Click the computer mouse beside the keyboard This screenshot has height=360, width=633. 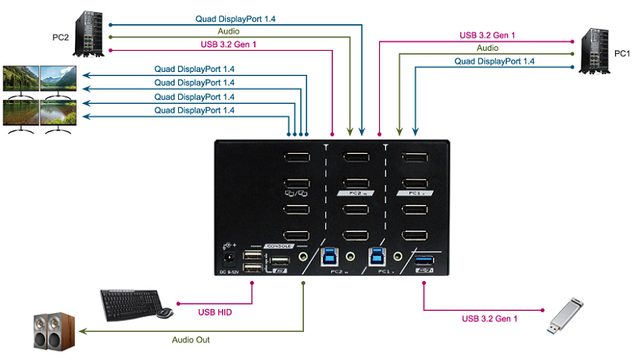click(165, 313)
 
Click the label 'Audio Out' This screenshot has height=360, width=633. click(191, 340)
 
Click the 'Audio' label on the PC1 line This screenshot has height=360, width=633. click(488, 48)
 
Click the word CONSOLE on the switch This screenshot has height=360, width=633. click(279, 245)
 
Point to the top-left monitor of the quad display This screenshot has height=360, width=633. click(20, 78)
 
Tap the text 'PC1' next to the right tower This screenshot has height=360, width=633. click(622, 53)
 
